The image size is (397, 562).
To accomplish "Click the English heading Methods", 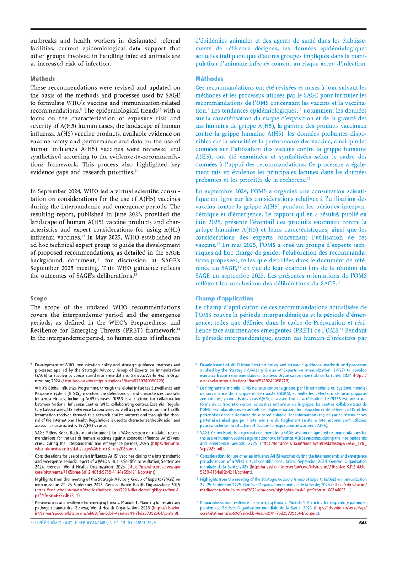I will pyautogui.click(x=42, y=79).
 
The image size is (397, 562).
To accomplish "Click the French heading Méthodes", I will pyautogui.click(x=209, y=79).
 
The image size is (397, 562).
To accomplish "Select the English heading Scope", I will pyautogui.click(x=38, y=299).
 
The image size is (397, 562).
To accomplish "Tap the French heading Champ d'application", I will pyautogui.click(x=224, y=299).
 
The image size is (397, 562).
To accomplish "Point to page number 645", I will pyautogui.click(x=362, y=523).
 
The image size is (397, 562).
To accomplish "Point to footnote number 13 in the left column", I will pyautogui.click(x=32, y=478).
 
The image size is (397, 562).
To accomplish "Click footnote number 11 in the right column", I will pyautogui.click(x=197, y=432).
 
